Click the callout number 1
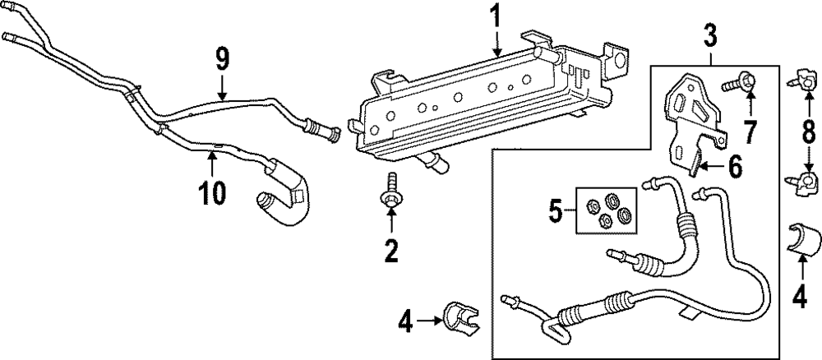(x=495, y=17)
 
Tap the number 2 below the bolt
(x=391, y=250)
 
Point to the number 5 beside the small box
(x=556, y=213)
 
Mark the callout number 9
(x=222, y=59)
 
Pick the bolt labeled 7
(x=738, y=84)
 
